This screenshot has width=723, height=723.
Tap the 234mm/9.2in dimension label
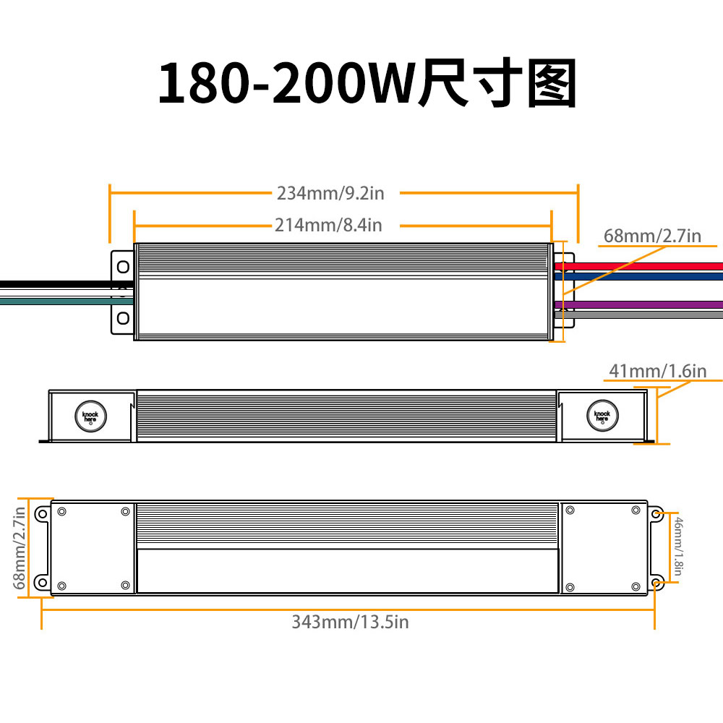(x=330, y=193)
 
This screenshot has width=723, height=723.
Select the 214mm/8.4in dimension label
(x=328, y=226)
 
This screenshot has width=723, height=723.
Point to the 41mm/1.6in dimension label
(x=656, y=372)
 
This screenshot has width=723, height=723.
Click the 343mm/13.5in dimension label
(x=350, y=622)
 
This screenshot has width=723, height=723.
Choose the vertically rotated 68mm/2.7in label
(x=20, y=548)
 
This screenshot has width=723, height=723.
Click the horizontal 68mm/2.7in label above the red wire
(x=652, y=236)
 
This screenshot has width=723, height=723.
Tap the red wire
(x=643, y=266)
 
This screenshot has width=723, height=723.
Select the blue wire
(x=643, y=275)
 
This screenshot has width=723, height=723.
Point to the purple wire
(x=643, y=304)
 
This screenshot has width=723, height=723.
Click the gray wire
(x=643, y=315)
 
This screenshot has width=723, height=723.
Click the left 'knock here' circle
(x=89, y=416)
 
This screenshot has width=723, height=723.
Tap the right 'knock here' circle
(x=602, y=416)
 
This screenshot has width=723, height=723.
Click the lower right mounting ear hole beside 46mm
(x=656, y=582)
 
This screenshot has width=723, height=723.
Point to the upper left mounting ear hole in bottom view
(x=42, y=514)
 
